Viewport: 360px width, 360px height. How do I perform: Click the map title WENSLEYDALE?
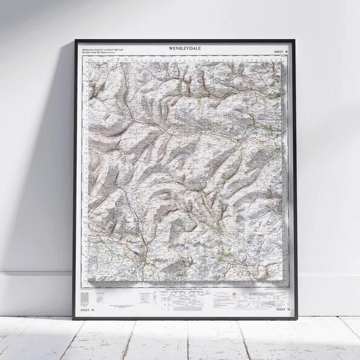point(185,48)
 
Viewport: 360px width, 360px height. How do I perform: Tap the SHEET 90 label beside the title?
point(281,52)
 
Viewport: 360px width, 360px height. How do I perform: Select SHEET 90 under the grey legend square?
point(87,310)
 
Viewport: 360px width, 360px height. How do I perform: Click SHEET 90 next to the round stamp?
point(281,310)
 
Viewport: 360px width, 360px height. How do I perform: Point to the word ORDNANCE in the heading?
point(89,49)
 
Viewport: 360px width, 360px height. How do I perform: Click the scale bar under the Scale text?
point(185,292)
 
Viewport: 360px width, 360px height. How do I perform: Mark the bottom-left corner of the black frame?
point(74,319)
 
